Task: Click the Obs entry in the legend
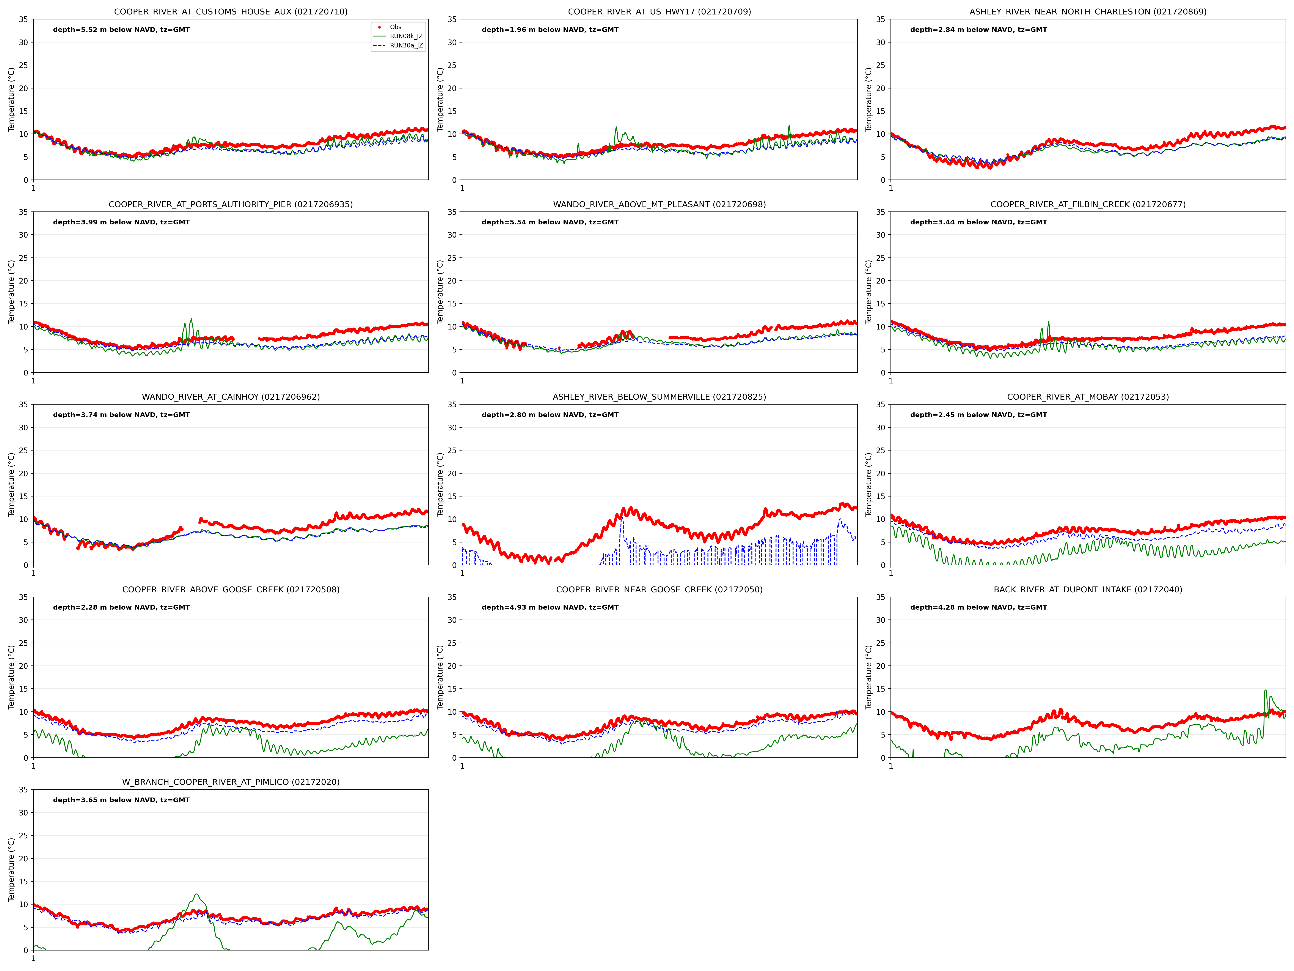click(396, 27)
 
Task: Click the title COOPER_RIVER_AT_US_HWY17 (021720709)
click(659, 12)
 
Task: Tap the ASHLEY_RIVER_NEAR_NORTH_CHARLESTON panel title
click(1087, 12)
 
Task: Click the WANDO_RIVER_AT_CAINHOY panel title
click(231, 397)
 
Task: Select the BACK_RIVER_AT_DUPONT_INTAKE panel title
click(1087, 589)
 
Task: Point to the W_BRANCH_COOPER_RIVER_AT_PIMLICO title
click(231, 782)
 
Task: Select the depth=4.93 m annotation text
click(550, 608)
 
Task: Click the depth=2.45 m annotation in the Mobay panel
click(978, 415)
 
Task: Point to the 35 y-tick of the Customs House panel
click(23, 19)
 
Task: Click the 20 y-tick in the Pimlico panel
click(23, 859)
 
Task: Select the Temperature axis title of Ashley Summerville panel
click(440, 485)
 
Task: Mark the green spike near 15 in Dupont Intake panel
click(1265, 691)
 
